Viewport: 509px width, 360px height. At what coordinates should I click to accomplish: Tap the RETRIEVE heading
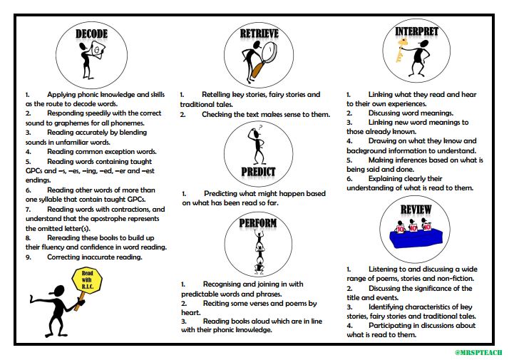[259, 34]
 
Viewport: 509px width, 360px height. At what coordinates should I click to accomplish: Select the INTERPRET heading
[417, 32]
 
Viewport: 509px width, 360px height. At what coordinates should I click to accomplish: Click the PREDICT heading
[259, 172]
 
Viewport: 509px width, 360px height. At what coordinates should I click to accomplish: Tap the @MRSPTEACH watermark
[478, 352]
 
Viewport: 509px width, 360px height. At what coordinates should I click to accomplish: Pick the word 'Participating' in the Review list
[391, 326]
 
